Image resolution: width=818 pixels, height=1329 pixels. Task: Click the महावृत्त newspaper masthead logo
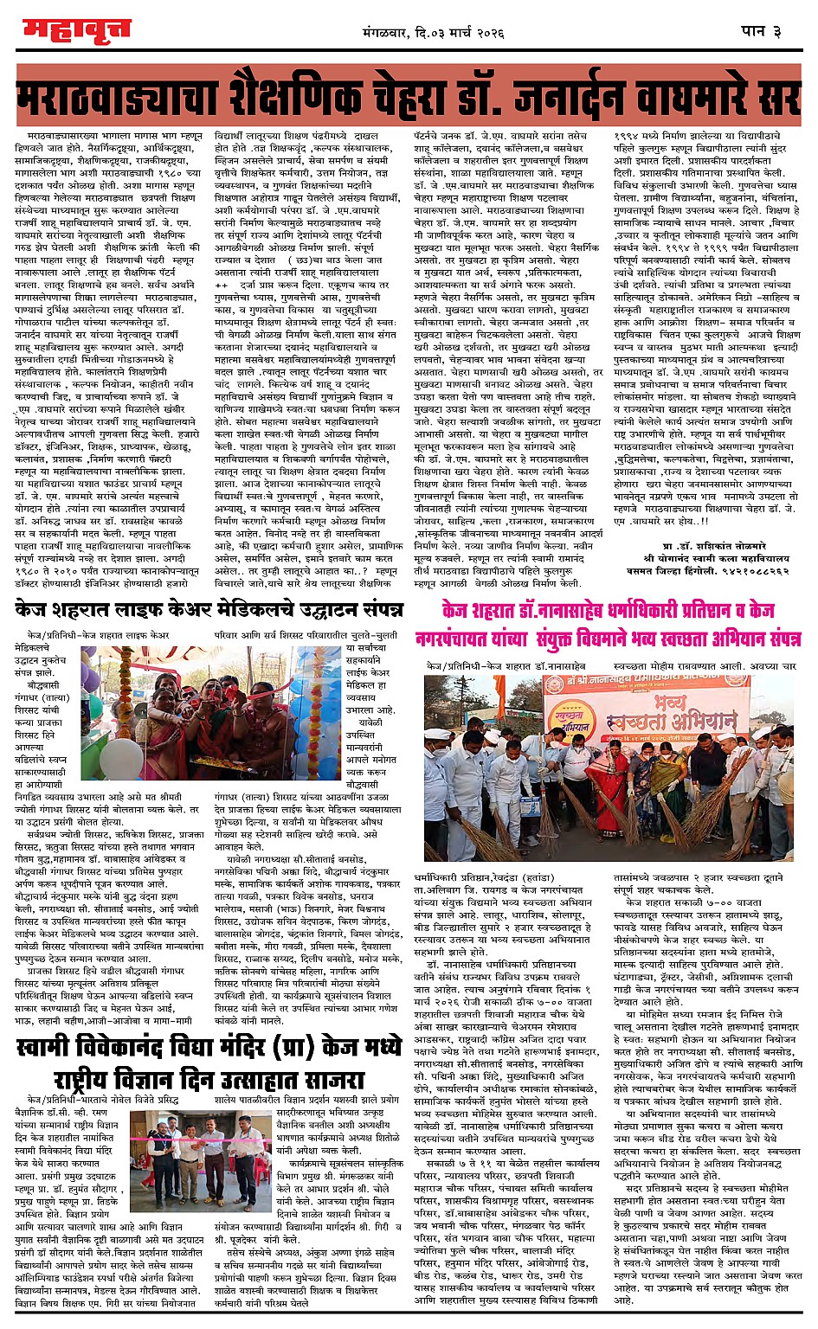coord(76,30)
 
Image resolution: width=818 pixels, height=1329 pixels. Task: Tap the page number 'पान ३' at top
coord(763,30)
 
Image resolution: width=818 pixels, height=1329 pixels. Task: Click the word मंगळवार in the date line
coord(395,32)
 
